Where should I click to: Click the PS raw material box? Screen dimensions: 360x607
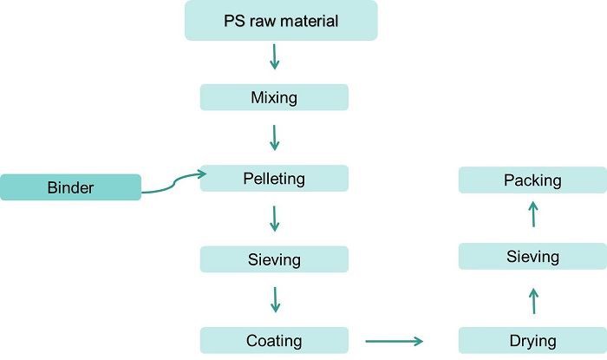[281, 20]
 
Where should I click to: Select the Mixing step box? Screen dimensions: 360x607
[274, 97]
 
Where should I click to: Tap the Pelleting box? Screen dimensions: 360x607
[274, 179]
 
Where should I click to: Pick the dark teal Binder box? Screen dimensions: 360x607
[70, 187]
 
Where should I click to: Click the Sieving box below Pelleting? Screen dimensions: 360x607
[274, 259]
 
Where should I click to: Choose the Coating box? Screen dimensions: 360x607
[274, 340]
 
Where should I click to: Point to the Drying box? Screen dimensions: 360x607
[532, 340]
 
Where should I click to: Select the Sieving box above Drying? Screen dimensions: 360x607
[532, 257]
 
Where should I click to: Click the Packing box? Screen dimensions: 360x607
[532, 180]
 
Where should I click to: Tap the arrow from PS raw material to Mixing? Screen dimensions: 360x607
[275, 57]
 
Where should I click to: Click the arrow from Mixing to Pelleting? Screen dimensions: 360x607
[275, 137]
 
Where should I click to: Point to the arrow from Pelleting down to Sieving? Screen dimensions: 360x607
[275, 218]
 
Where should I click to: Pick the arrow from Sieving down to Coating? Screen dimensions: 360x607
[275, 299]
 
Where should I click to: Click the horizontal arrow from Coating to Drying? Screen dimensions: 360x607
[394, 341]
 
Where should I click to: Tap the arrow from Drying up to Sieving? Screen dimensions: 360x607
[532, 301]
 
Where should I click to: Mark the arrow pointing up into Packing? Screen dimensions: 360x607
[532, 213]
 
